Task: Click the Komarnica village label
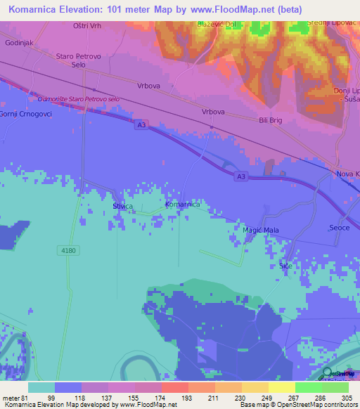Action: (182, 204)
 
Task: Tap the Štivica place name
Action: (122, 207)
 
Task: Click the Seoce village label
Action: (339, 228)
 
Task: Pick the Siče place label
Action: (285, 267)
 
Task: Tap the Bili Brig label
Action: (270, 120)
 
